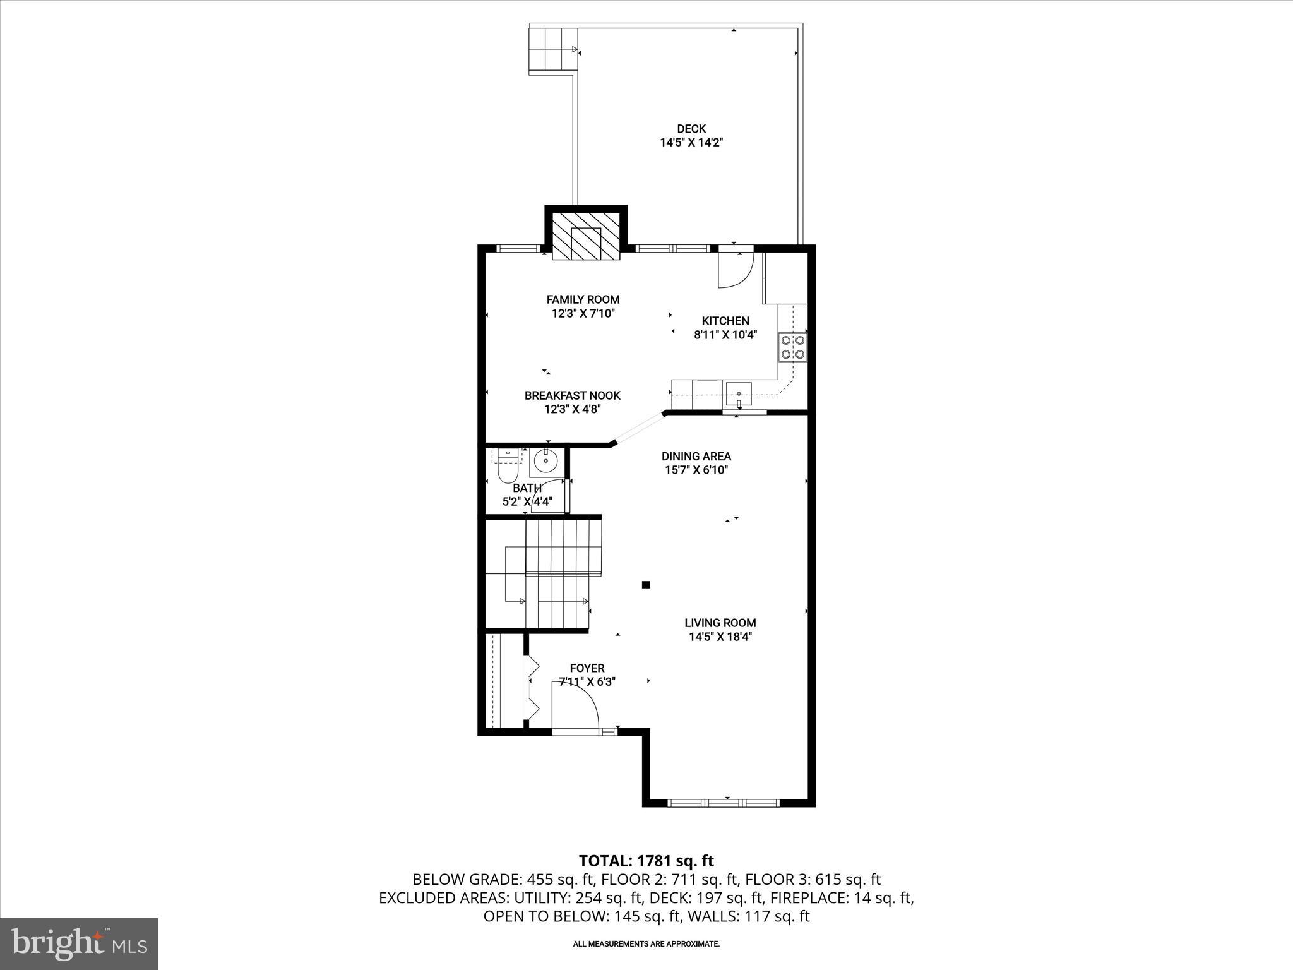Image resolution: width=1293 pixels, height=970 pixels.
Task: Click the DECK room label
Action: point(691,129)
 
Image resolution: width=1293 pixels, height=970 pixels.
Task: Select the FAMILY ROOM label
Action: point(583,299)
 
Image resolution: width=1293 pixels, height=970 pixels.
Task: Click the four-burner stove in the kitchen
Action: point(793,347)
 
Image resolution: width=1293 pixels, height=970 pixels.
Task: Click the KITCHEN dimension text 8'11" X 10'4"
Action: point(725,335)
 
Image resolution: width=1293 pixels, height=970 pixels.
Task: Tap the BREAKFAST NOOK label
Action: point(572,395)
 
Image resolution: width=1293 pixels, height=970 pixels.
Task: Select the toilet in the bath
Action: point(508,467)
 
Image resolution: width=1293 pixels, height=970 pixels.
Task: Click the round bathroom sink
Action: point(543,462)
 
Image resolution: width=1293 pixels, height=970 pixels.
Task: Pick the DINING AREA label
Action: point(696,456)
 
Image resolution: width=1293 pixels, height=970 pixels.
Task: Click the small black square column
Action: point(646,585)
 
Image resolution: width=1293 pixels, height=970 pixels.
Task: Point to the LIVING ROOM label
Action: point(720,623)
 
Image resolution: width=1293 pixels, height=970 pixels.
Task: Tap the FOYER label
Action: point(587,668)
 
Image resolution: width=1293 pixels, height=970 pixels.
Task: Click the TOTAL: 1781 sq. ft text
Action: point(646,861)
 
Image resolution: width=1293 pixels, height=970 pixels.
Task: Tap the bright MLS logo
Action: point(79,943)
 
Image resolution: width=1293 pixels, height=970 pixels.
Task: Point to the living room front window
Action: point(724,803)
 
